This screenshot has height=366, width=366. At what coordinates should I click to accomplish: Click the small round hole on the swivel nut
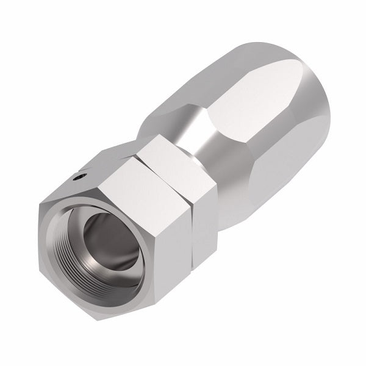pyautogui.click(x=76, y=178)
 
